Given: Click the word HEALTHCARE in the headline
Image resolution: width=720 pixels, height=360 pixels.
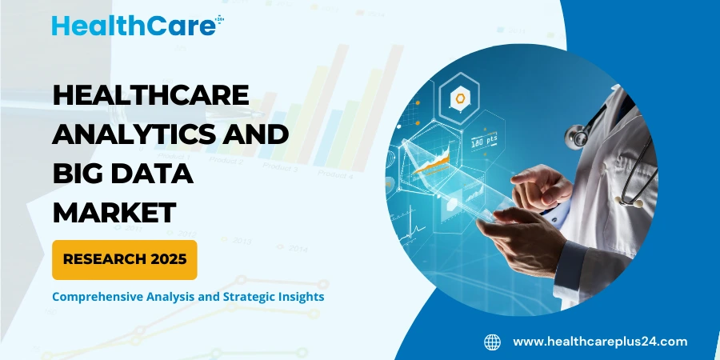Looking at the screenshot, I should [x=150, y=98].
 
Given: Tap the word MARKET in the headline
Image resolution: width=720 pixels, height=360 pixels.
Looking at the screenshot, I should [x=114, y=212].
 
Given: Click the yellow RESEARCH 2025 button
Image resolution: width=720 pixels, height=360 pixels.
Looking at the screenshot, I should [x=124, y=259].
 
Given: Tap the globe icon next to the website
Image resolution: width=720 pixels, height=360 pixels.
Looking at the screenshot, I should [x=492, y=342].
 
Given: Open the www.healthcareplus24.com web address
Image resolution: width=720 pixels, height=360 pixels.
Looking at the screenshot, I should [x=599, y=342].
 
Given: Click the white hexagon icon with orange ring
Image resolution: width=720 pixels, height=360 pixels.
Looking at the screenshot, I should [x=462, y=99].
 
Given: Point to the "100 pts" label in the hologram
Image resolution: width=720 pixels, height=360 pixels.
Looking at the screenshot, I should [x=482, y=142].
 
